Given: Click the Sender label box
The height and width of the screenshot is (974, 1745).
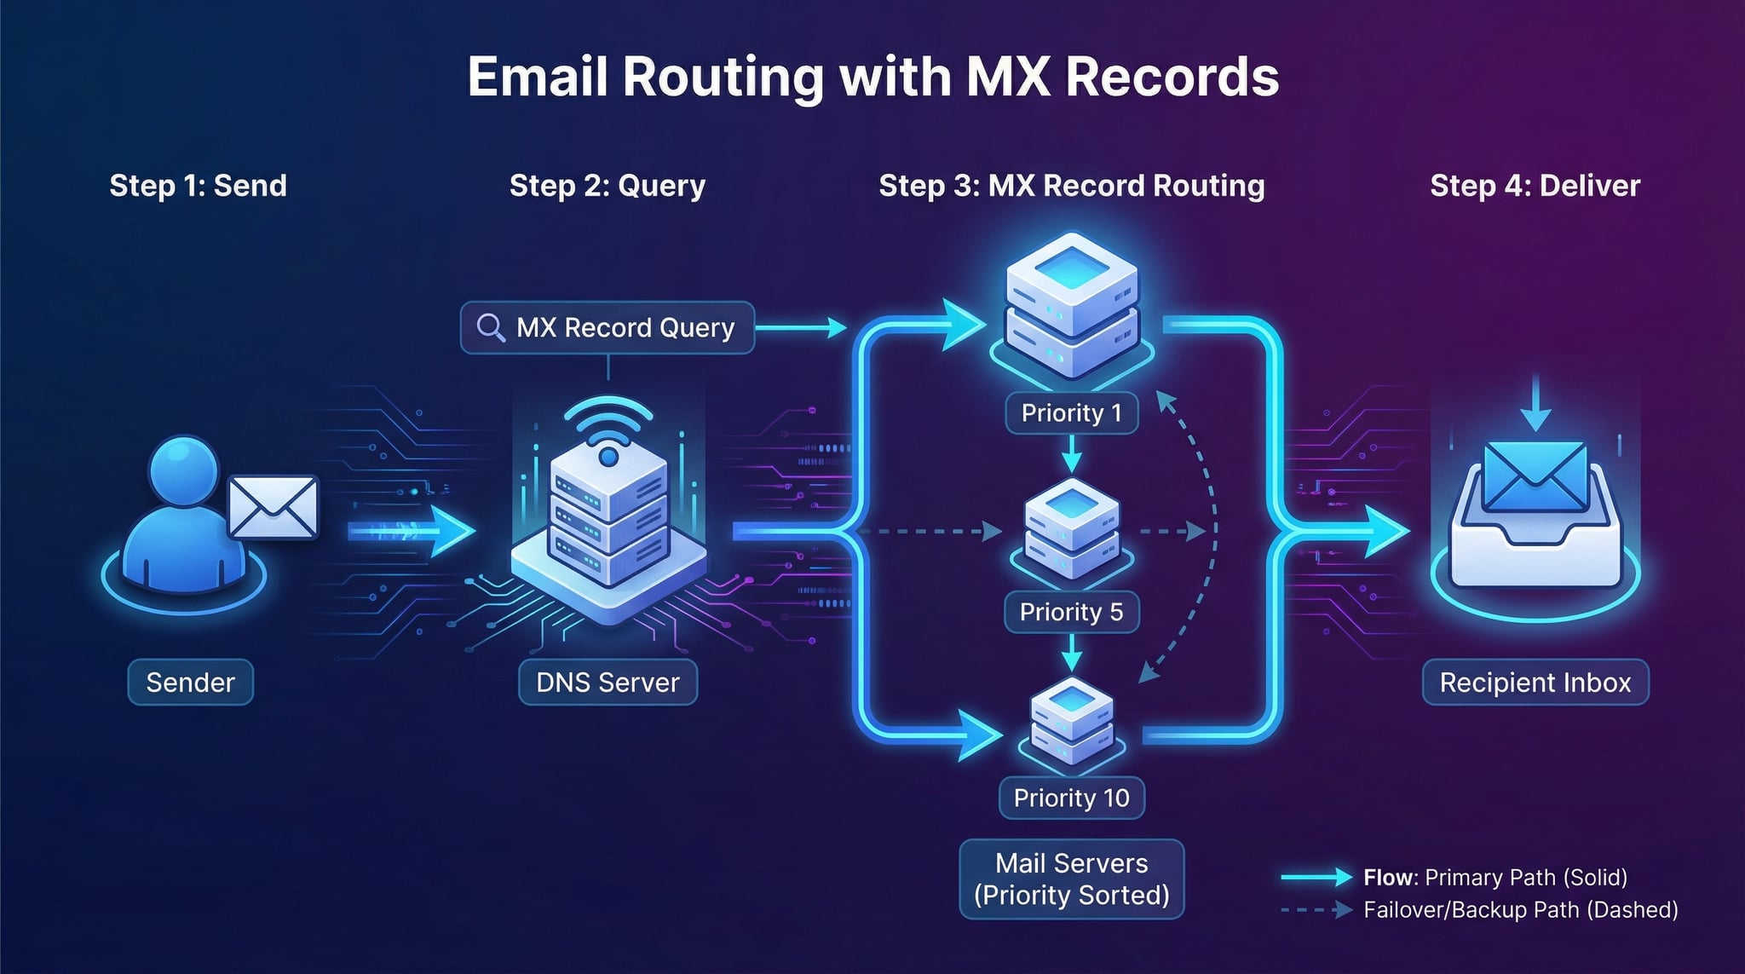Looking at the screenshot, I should [x=190, y=683].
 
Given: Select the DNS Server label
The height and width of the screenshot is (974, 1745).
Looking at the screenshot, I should [x=608, y=683].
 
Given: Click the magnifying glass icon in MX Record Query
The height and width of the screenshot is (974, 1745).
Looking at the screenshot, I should [x=490, y=327].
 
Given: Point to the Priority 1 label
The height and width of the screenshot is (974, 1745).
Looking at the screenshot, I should [x=1071, y=413].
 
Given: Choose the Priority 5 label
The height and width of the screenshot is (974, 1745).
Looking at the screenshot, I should [x=1071, y=612].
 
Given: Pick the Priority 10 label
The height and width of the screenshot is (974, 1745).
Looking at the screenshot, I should [x=1071, y=798].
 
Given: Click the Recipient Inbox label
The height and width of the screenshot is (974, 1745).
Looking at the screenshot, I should [x=1535, y=683].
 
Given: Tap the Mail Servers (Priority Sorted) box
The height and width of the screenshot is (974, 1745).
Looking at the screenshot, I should [x=1071, y=879].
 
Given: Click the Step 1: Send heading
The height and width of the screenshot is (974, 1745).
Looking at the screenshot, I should [x=198, y=186].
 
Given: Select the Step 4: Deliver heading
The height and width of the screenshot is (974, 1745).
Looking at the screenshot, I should [x=1535, y=186].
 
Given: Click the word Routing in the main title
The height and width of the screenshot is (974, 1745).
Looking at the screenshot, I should [x=723, y=78].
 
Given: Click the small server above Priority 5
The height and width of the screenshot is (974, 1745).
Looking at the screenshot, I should [x=1071, y=528].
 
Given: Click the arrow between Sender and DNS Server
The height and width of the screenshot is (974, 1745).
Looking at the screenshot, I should [x=412, y=532].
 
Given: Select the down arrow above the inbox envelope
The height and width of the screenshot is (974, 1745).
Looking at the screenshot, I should [x=1535, y=404].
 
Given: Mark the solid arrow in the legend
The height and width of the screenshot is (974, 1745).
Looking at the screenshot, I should [x=1316, y=877].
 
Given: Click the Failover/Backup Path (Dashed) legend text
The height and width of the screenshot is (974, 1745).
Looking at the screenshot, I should [x=1520, y=910].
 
